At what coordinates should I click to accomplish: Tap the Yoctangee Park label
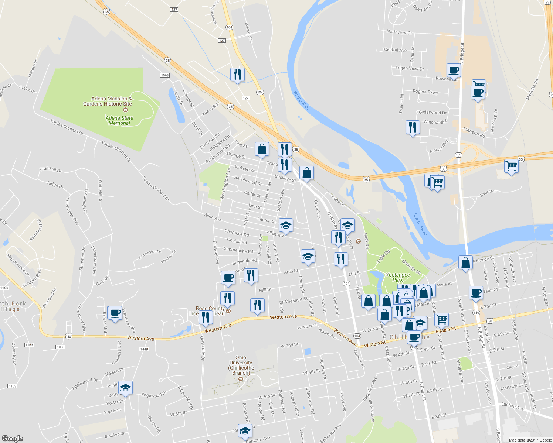(398, 277)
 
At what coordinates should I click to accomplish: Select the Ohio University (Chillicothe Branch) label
(241, 365)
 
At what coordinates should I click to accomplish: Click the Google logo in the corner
(12, 438)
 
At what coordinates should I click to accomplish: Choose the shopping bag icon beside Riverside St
(465, 263)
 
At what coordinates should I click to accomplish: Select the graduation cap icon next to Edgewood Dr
(125, 388)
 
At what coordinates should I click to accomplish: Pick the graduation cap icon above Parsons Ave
(245, 431)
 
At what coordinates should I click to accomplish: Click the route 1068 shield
(164, 75)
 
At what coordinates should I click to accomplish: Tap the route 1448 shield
(144, 349)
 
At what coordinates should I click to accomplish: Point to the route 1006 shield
(61, 347)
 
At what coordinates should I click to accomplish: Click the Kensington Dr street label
(150, 254)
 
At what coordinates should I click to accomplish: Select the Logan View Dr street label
(410, 68)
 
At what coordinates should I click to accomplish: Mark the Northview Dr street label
(399, 32)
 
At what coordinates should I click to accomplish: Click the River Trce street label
(488, 193)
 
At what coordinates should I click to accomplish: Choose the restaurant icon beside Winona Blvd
(412, 127)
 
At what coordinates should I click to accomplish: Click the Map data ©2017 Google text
(530, 440)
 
